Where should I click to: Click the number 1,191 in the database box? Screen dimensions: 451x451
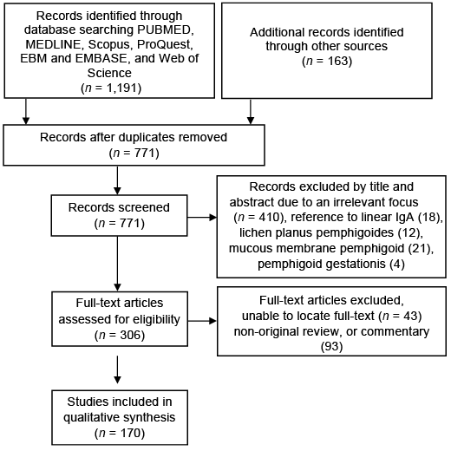(x=121, y=88)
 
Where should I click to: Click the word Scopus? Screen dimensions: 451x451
(x=110, y=44)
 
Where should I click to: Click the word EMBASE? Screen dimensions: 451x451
(x=101, y=58)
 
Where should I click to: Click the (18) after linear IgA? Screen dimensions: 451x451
(x=430, y=218)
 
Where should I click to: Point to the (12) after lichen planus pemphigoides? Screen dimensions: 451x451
(x=409, y=232)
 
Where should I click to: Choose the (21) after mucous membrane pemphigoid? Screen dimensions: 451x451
(x=420, y=248)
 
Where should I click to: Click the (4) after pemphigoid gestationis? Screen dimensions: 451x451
(x=397, y=264)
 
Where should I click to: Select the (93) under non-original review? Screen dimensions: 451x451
(x=331, y=346)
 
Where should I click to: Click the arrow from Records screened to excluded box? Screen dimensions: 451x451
(x=202, y=218)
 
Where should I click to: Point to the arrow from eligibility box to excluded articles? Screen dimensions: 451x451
(x=202, y=321)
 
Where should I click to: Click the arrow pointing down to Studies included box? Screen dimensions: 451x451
(x=117, y=369)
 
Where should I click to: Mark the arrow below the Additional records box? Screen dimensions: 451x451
(x=251, y=112)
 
